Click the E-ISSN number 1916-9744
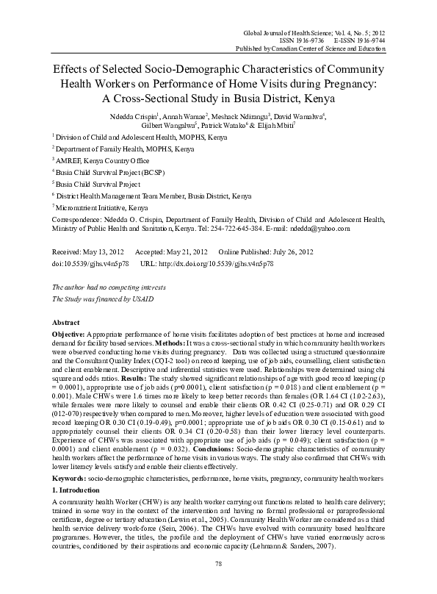coord(368,42)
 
